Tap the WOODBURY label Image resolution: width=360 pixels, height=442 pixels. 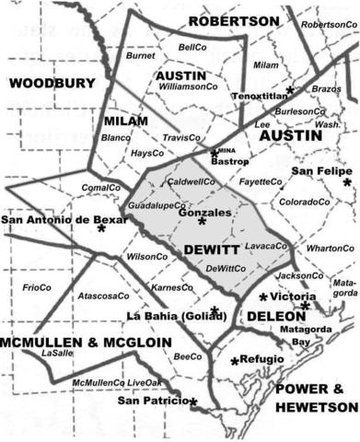pyautogui.click(x=52, y=84)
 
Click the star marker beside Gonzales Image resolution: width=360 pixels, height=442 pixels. pyautogui.click(x=202, y=221)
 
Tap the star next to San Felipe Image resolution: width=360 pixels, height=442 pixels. pyautogui.click(x=347, y=182)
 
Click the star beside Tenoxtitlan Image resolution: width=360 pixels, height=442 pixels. pyautogui.click(x=290, y=89)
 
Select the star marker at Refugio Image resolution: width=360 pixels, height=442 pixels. pyautogui.click(x=235, y=360)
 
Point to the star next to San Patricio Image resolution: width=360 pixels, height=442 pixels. pyautogui.click(x=193, y=402)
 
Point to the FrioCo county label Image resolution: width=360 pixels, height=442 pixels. pyautogui.click(x=36, y=287)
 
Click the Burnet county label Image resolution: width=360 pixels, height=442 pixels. pyautogui.click(x=140, y=56)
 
